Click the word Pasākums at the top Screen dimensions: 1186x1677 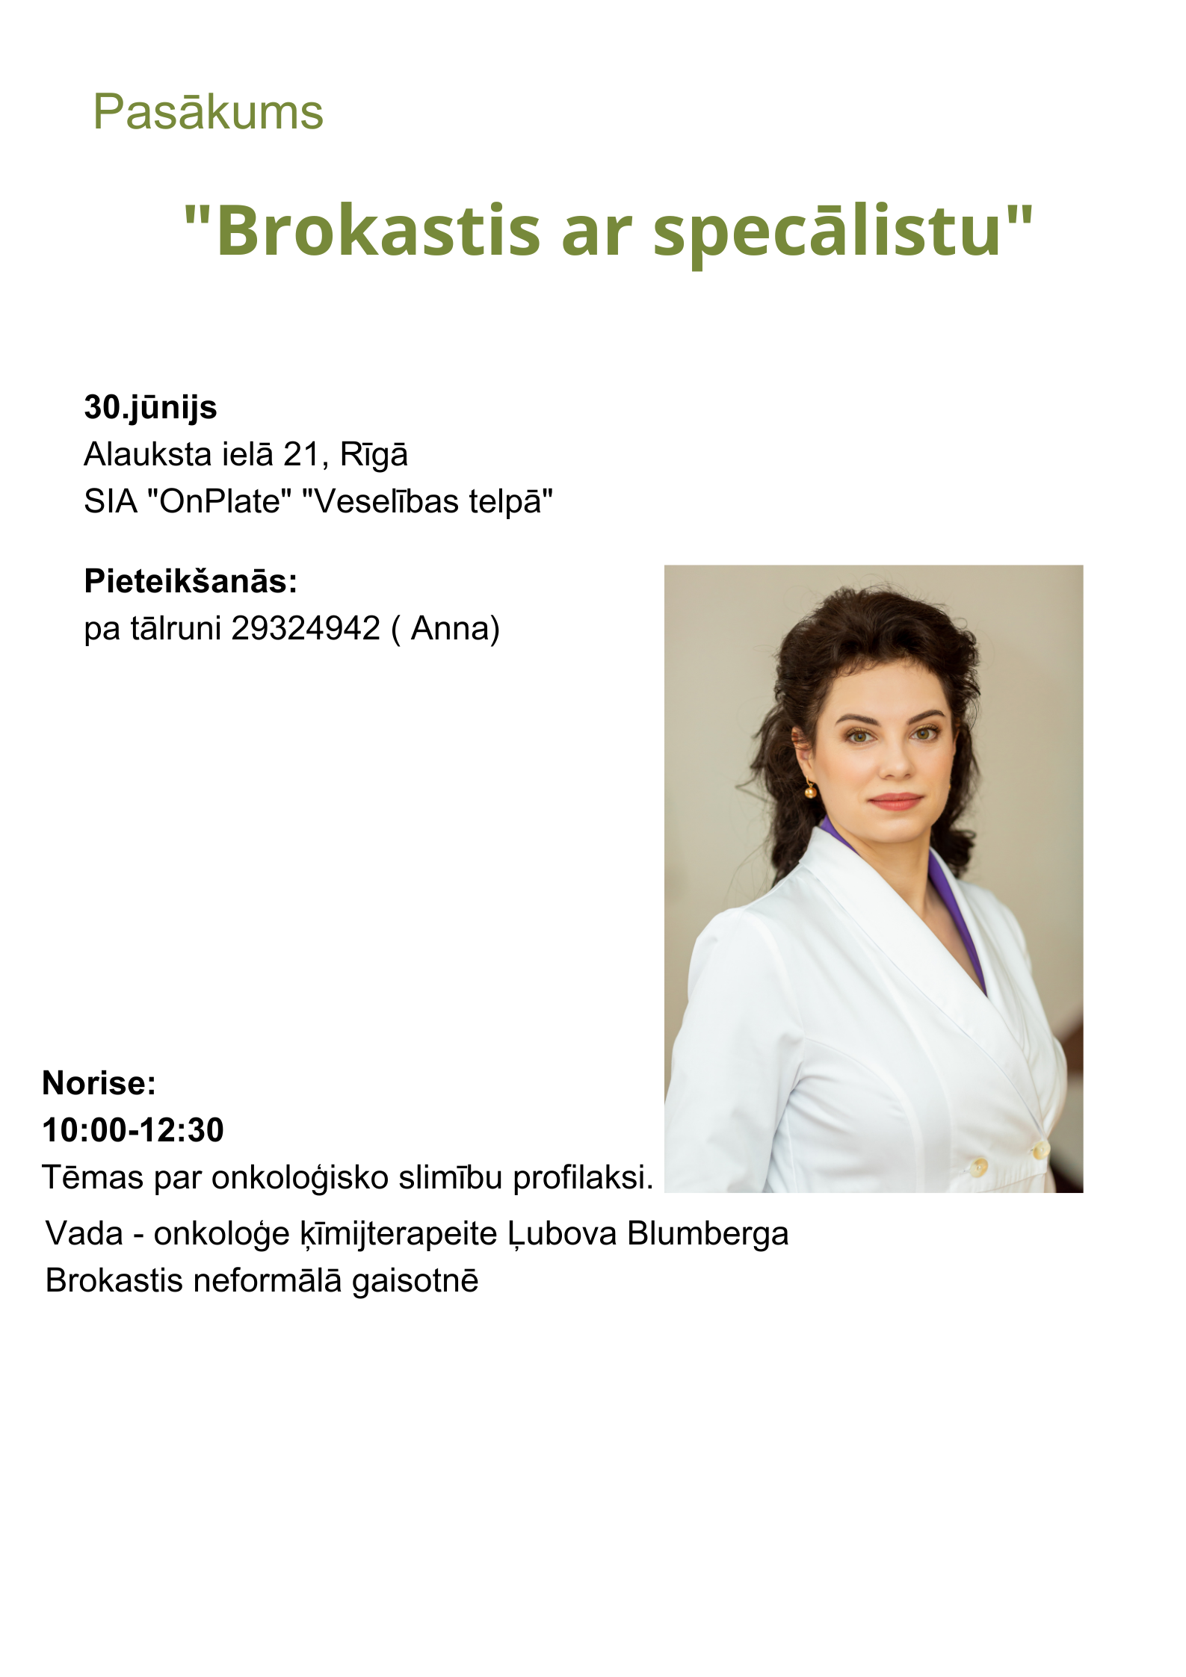coord(208,113)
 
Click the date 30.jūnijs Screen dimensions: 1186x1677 coord(150,408)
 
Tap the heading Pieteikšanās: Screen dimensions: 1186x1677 coord(191,581)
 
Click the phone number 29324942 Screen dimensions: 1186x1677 coord(306,628)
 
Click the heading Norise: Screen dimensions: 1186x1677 coord(99,1083)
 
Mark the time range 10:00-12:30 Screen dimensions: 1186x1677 coord(133,1130)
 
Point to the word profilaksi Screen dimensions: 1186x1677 coord(583,1178)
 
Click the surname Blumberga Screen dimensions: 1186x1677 coord(708,1233)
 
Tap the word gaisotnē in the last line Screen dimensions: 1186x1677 coord(415,1281)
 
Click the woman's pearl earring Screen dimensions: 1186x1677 coord(810,790)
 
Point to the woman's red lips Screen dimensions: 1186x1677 coord(895,802)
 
